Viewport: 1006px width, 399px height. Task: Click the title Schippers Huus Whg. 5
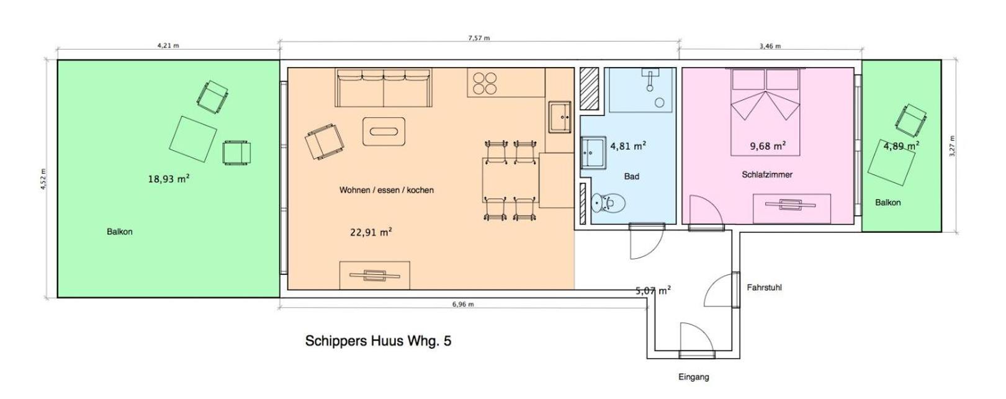click(x=378, y=341)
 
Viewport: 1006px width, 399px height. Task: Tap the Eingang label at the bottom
click(x=693, y=377)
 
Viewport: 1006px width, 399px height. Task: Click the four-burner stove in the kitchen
click(x=485, y=84)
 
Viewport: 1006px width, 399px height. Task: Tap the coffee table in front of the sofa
click(x=384, y=132)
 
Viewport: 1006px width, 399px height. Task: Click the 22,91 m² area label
click(x=371, y=232)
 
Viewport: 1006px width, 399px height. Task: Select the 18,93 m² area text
click(x=169, y=179)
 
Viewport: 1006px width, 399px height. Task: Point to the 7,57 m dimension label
click(x=478, y=38)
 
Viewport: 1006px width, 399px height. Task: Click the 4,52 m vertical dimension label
click(x=43, y=179)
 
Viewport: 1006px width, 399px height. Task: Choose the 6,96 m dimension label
click(x=463, y=304)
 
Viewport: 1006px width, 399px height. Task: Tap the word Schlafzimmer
click(x=767, y=174)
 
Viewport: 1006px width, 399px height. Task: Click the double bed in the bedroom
click(x=765, y=112)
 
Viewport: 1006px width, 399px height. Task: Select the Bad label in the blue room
click(x=631, y=176)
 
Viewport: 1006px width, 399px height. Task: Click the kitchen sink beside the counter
click(x=560, y=117)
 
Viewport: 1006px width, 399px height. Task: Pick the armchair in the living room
click(x=324, y=141)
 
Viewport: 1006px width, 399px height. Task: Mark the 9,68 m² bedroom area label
click(x=768, y=146)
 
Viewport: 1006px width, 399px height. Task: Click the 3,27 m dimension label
click(x=952, y=146)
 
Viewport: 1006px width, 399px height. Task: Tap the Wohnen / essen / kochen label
click(x=387, y=190)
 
